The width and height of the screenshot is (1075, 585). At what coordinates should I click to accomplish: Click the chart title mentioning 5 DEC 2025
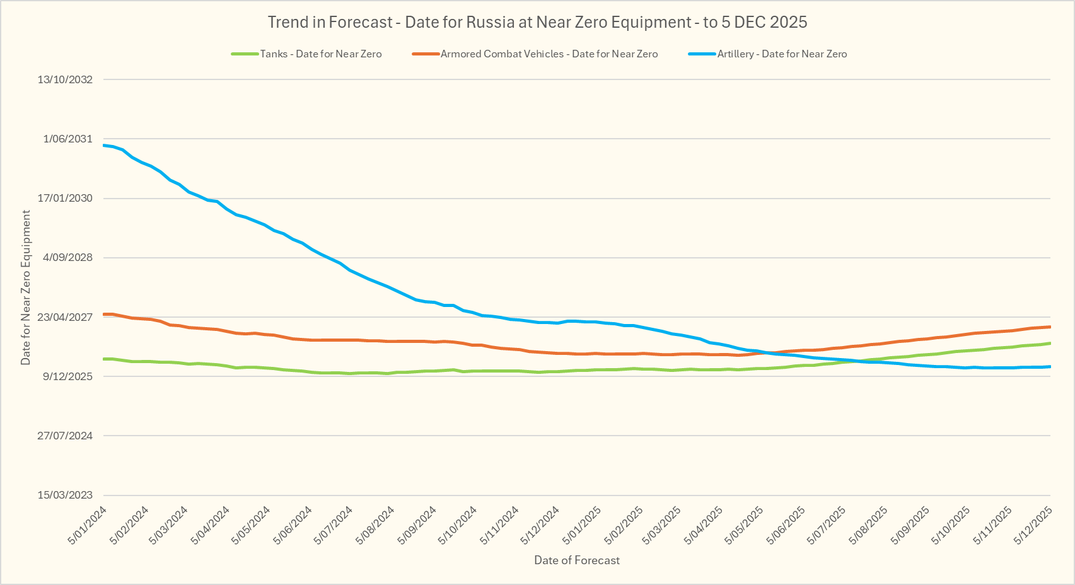pos(537,22)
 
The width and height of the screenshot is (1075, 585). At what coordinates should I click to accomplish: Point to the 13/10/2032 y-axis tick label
pos(65,79)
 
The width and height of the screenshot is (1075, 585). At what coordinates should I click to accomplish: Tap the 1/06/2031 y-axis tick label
pos(67,139)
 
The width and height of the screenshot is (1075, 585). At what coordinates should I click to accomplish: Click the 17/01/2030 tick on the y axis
pos(65,198)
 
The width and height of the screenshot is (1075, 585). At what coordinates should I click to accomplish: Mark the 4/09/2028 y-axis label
pos(67,257)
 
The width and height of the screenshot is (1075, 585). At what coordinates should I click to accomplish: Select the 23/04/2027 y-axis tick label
pos(65,317)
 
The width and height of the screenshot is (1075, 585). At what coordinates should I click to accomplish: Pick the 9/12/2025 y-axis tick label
pos(67,376)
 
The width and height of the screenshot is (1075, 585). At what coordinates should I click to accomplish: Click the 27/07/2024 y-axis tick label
pos(65,436)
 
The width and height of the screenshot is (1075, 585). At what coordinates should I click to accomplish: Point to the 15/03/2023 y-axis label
pos(65,495)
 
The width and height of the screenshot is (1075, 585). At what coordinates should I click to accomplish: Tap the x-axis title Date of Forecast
pos(577,560)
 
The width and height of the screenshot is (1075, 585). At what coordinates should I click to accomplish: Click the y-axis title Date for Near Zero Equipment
pos(26,287)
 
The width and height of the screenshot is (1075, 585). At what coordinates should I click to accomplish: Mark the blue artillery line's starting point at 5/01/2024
pos(104,145)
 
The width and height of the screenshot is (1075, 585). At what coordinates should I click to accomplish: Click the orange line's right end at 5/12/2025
pos(1050,327)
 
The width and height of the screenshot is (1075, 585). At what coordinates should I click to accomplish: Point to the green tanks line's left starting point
pos(104,359)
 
